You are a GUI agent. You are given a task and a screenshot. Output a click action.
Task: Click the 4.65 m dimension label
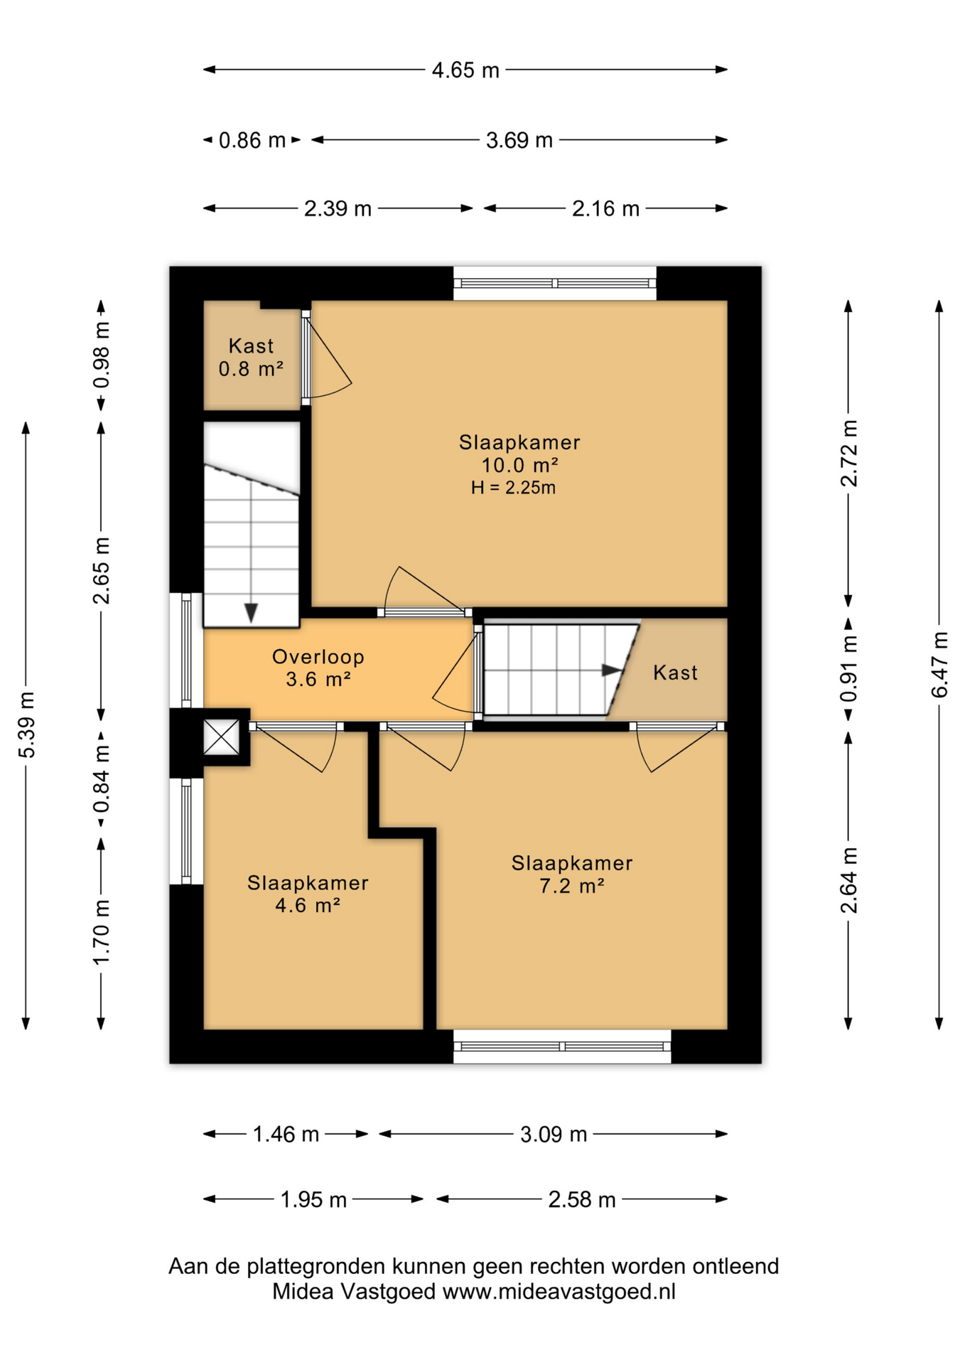coord(465,70)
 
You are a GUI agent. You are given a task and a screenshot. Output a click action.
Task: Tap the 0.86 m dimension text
coord(252,140)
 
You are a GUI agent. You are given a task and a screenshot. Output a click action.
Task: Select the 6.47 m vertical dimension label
coord(939,665)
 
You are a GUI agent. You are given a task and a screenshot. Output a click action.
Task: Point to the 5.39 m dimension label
coord(26,724)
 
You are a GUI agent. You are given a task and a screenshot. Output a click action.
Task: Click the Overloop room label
coord(318,656)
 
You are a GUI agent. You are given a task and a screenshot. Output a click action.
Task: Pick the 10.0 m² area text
coord(519,465)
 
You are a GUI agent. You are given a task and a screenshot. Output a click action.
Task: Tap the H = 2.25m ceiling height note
coord(513,488)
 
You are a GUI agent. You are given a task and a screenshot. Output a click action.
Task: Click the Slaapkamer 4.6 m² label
coord(308,894)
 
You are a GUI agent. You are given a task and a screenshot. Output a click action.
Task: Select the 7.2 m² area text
coord(572,886)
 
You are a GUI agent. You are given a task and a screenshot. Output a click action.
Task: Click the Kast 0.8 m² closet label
coord(251,358)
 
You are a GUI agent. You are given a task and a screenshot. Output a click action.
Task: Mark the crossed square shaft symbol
coord(222,737)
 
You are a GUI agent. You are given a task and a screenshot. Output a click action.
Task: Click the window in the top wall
coord(555,283)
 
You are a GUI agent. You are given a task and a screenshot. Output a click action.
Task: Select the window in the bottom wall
coord(562,1046)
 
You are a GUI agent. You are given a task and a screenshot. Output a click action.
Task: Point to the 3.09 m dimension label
coord(554,1134)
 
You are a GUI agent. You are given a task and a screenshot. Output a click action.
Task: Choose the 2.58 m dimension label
coord(582,1200)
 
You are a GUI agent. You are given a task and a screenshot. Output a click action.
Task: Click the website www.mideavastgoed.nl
coord(559,1291)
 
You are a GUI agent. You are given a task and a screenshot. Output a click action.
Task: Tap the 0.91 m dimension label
coord(848,668)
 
